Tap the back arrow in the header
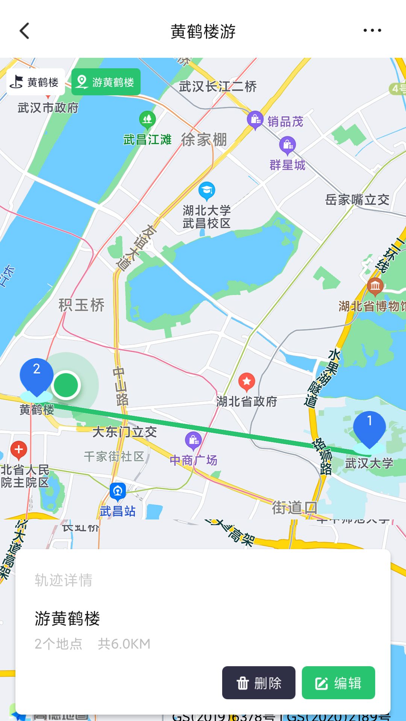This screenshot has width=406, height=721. (25, 31)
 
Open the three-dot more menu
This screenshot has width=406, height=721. (372, 30)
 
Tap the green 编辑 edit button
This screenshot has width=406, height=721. (338, 683)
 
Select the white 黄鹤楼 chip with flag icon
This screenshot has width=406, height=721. (36, 82)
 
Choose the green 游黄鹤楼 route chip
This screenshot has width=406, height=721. (106, 82)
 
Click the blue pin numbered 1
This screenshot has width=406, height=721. (369, 428)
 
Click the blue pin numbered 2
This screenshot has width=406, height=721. (36, 376)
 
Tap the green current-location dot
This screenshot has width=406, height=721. (66, 385)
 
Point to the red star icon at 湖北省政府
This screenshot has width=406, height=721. (247, 382)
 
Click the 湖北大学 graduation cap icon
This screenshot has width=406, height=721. (206, 191)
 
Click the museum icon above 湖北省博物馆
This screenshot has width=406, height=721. (375, 286)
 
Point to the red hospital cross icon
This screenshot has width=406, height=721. (19, 449)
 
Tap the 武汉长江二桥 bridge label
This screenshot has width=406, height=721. (218, 87)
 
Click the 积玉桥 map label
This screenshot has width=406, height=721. (82, 305)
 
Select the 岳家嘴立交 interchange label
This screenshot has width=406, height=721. (357, 200)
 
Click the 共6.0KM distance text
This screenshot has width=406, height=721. (124, 644)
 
